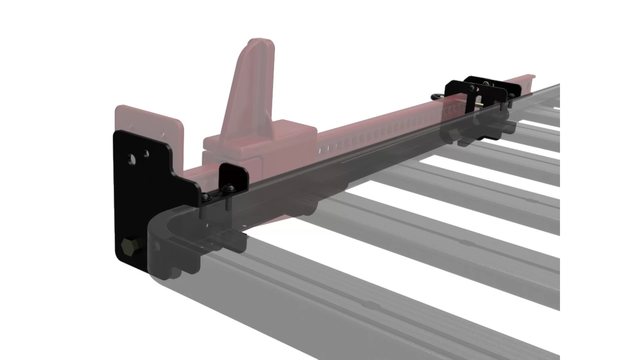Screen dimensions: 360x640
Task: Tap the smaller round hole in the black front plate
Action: point(146,154)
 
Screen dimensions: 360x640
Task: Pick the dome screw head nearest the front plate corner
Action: point(208,197)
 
